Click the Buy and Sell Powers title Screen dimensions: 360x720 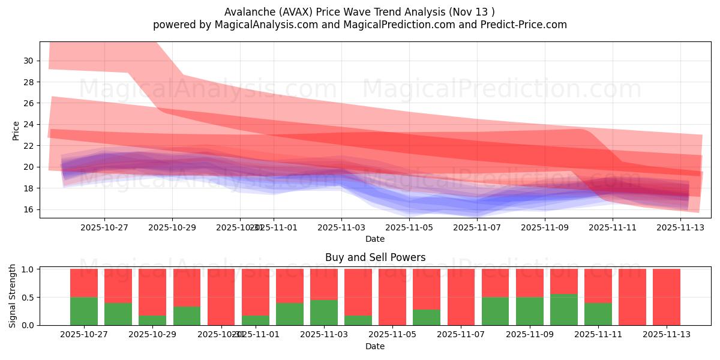[x=375, y=257]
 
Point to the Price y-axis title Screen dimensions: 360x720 [x=16, y=130]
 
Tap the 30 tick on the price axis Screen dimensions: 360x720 [x=29, y=61]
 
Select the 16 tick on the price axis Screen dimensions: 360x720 [x=29, y=209]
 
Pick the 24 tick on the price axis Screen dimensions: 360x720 [x=29, y=124]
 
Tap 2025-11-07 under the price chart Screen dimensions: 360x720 [x=477, y=227]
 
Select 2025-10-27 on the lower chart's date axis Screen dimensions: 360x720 [x=84, y=335]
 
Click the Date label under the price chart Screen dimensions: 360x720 [x=375, y=239]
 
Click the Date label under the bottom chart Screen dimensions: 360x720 [x=375, y=346]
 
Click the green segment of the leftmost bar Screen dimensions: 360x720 [x=84, y=311]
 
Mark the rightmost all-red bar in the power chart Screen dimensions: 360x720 [x=667, y=297]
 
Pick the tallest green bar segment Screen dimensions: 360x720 [x=563, y=310]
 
